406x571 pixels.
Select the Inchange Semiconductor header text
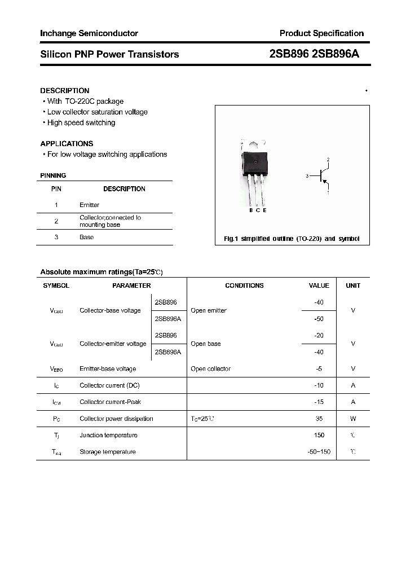coord(89,33)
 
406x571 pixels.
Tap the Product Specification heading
coord(321,33)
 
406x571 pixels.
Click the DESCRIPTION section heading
coord(65,90)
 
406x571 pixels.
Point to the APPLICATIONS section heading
coord(67,143)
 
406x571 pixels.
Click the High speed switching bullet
coord(81,122)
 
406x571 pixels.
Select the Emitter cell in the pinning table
coord(89,205)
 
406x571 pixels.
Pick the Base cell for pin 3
coord(86,237)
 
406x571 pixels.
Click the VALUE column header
coord(319,285)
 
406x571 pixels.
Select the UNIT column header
coord(353,285)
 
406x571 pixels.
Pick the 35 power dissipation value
coord(319,419)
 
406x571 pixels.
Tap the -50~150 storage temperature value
coord(318,452)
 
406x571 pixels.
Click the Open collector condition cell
coord(210,368)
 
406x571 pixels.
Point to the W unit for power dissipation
coord(353,419)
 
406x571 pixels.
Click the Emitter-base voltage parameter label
coord(108,368)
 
